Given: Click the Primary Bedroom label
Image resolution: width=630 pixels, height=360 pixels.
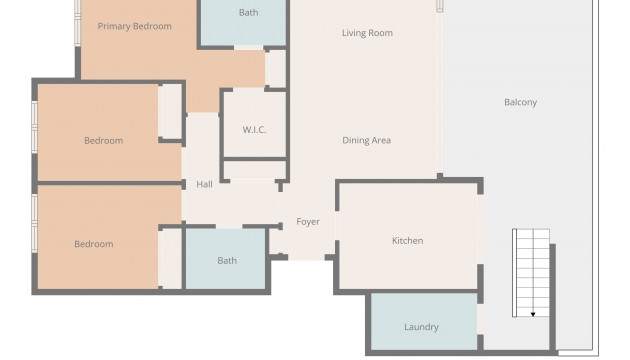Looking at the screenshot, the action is click(x=135, y=27).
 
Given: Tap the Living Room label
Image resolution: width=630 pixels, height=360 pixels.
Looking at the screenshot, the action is click(x=367, y=33).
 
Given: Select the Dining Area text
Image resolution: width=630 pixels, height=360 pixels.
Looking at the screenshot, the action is click(x=366, y=140).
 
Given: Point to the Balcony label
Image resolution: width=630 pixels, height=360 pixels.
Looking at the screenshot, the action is click(x=520, y=102).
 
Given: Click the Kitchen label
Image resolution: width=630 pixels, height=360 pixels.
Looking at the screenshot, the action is click(x=407, y=241).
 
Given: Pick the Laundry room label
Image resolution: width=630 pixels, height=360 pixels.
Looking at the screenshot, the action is click(x=421, y=327).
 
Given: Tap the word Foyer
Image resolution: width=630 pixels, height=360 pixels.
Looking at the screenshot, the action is click(x=308, y=222).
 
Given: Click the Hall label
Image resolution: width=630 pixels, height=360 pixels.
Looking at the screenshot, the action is click(x=205, y=184).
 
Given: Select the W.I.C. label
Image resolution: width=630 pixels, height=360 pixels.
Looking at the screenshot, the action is click(x=254, y=130).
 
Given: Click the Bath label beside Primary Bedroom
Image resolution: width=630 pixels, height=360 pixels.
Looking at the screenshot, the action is click(x=248, y=13).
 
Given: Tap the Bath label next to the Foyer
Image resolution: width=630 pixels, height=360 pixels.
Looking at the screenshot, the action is click(x=227, y=261).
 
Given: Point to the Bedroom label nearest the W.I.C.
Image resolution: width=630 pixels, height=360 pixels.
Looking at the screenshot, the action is click(x=104, y=141).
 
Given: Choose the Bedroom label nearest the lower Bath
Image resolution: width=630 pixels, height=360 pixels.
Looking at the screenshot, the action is click(x=94, y=244).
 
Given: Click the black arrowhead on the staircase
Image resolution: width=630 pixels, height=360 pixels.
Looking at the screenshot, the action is click(x=533, y=314).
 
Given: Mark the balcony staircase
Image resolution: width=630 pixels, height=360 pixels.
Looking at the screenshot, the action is click(x=531, y=273).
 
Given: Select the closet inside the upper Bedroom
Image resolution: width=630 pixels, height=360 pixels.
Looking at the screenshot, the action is click(x=170, y=111).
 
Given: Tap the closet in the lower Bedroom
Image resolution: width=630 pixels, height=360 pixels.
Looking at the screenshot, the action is click(x=170, y=259).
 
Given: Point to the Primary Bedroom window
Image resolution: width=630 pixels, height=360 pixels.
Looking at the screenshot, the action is click(x=78, y=22).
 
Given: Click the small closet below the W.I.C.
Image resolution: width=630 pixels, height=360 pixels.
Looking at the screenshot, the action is click(x=255, y=170).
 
